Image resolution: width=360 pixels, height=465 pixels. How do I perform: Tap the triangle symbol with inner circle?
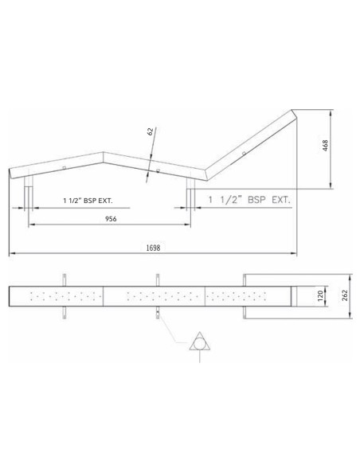198,343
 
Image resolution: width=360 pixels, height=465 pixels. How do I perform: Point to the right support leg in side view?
190,191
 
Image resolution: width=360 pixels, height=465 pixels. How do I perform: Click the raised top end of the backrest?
294,112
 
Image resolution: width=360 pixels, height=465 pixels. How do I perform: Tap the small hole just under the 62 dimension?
158,170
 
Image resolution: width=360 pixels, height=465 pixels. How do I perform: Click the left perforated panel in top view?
61,296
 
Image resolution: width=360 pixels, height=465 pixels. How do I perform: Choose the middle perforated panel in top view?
155,296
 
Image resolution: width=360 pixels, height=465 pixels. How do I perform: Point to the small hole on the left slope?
65,168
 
